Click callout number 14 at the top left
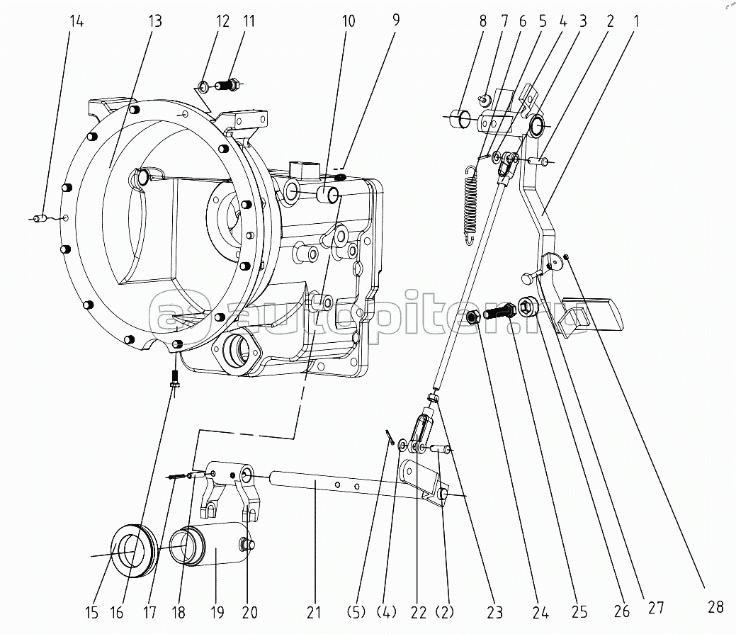coord(77,21)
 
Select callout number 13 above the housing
coord(155,21)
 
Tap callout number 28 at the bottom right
coord(715,607)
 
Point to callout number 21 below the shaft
coord(314,612)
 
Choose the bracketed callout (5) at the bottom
coord(357,612)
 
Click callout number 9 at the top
coord(396,20)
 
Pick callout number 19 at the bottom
coord(217,612)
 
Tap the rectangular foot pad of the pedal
coord(593,314)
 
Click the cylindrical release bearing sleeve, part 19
coord(211,543)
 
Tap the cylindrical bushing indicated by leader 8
coord(459,118)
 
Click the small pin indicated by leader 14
coord(40,218)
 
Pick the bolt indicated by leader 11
coord(229,86)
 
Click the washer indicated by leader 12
coord(204,86)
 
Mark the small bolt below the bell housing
coord(175,376)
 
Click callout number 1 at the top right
coord(636,21)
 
